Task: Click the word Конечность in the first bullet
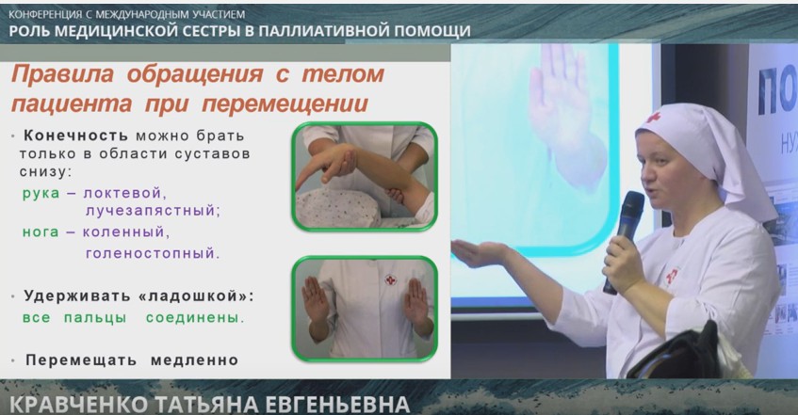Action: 75,136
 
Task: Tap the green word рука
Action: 41,194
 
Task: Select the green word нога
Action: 41,231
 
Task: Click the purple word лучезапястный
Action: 153,211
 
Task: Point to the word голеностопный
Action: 153,253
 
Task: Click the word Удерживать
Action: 77,296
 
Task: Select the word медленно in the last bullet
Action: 194,360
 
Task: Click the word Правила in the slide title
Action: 62,74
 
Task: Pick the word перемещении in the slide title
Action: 285,104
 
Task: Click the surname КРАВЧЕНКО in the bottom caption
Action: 79,405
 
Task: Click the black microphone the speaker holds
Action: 625,239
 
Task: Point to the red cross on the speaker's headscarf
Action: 653,118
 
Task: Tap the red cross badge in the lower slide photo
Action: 390,279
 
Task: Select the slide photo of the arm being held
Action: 365,176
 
